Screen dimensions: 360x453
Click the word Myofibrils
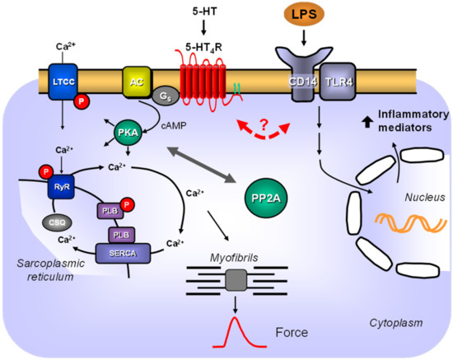click(x=228, y=259)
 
